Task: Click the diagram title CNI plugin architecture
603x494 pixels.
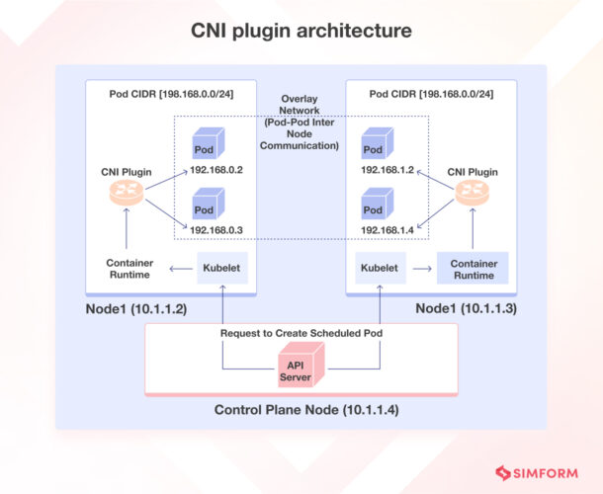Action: pos(301,32)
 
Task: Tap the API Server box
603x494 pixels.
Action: pos(301,370)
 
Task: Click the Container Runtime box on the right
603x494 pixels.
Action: pos(473,269)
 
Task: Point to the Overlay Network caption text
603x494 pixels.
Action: pos(301,123)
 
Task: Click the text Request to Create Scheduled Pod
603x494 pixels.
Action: pos(301,333)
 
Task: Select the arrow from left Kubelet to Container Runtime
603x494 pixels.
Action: pos(181,268)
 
